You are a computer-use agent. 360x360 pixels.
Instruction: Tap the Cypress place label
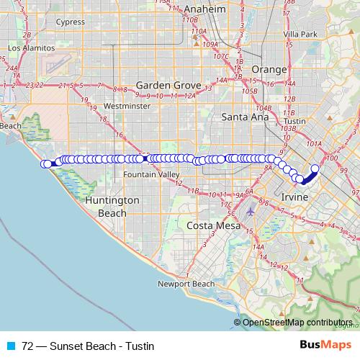pos(70,22)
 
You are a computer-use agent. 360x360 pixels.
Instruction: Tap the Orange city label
pos(269,69)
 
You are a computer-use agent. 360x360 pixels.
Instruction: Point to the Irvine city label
pos(295,197)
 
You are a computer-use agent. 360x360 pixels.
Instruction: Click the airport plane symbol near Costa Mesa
pos(249,212)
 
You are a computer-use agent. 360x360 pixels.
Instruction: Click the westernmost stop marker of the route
pos(45,164)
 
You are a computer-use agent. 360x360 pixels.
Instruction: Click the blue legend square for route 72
pos(12,346)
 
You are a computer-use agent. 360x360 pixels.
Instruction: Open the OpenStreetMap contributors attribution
pos(297,322)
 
